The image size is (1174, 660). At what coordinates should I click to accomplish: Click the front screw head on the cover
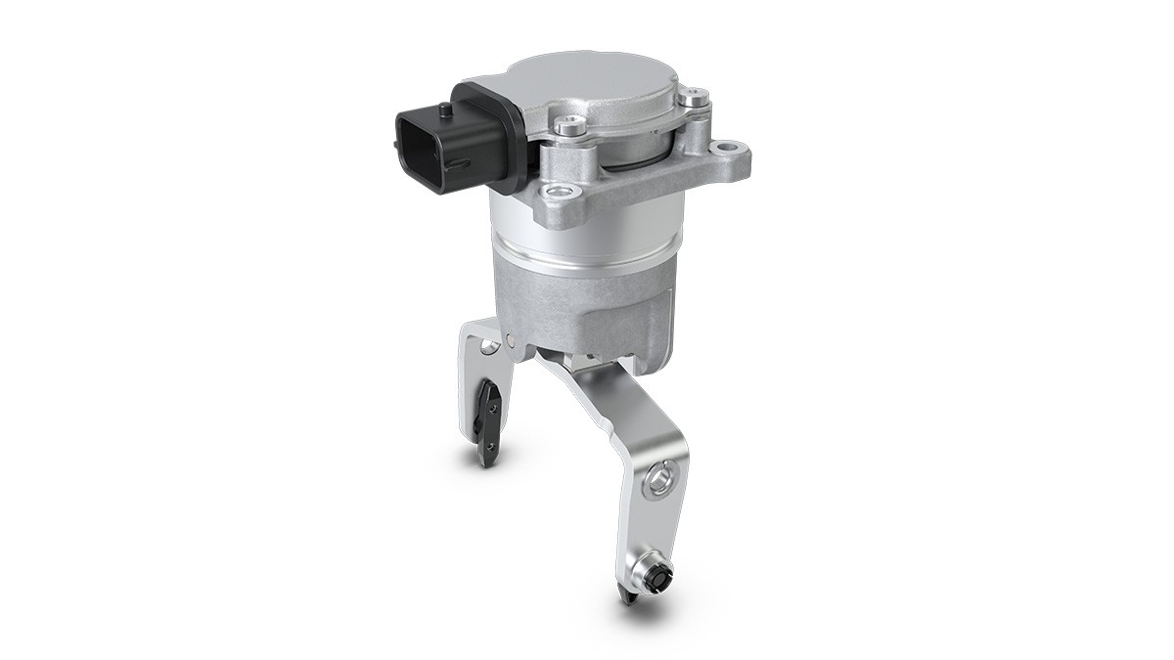pos(570,125)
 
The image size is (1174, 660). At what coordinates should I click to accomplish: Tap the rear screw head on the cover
pos(694,97)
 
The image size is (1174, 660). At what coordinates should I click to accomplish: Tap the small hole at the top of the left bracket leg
pos(485,346)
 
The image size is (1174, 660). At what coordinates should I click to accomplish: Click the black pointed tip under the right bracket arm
pos(624,596)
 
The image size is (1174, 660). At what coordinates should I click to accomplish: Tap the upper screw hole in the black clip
pos(493,402)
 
